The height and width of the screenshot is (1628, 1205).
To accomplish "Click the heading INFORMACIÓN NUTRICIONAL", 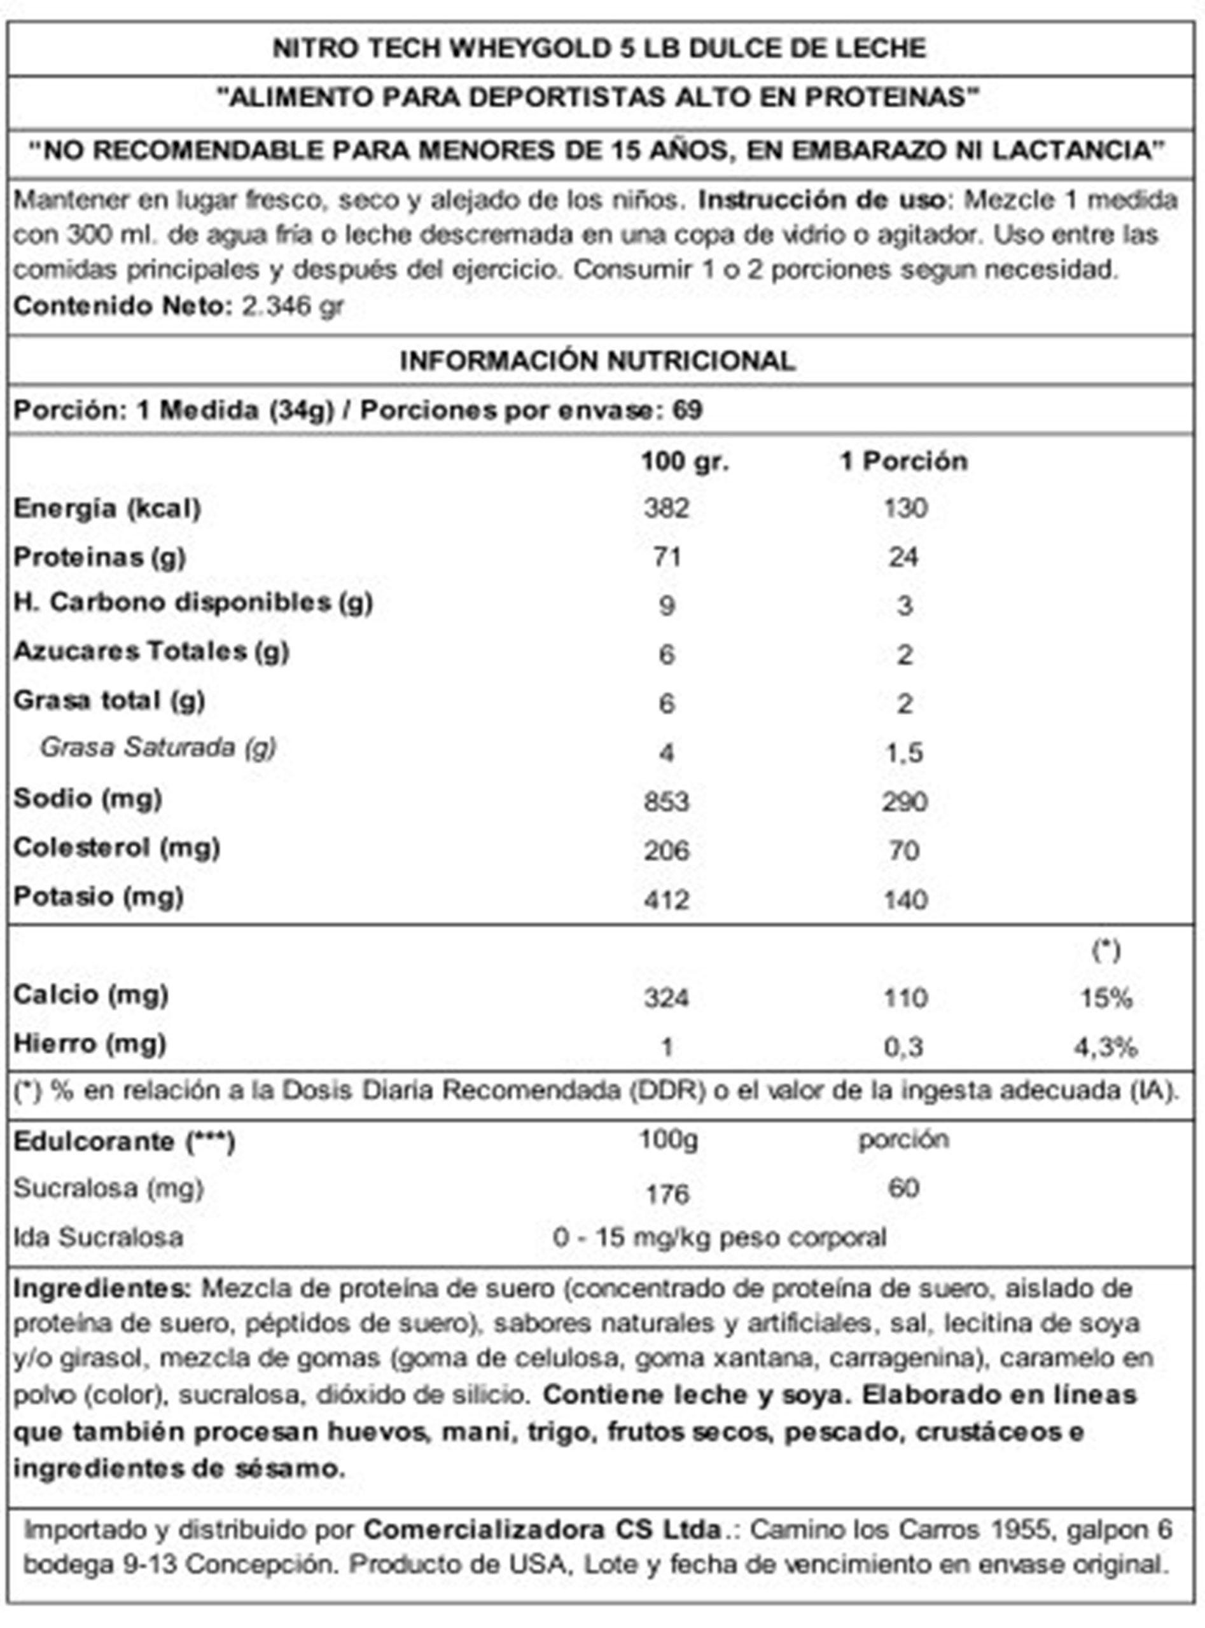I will tap(597, 361).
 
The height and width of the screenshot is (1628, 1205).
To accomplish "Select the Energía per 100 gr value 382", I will tap(666, 508).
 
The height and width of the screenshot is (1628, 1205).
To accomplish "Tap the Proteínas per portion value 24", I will tap(903, 557).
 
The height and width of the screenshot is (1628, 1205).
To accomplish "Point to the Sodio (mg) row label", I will tap(88, 799).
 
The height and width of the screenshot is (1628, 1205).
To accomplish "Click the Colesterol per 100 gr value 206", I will tap(666, 850).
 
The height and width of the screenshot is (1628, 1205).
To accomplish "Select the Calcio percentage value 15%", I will tap(1106, 998).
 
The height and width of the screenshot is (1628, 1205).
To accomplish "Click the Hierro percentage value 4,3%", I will tap(1105, 1047).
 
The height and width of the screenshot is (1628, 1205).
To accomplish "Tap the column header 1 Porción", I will tap(903, 461).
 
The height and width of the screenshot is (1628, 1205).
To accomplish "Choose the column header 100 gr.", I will tap(684, 461).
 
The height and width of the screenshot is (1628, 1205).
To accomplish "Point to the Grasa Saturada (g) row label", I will tap(158, 747).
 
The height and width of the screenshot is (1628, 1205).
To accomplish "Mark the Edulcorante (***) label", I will tap(124, 1142).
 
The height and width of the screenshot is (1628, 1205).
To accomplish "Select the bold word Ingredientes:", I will tap(101, 1288).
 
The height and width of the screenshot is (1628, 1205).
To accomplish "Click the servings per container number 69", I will tap(687, 410).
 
